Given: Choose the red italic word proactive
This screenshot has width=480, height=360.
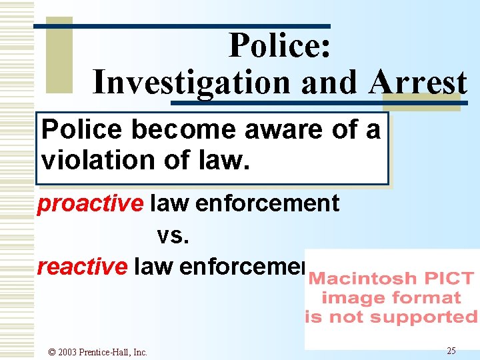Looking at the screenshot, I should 90,203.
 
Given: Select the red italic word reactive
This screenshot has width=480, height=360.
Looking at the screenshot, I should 82,266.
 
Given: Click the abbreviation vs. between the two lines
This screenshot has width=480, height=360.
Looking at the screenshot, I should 174,235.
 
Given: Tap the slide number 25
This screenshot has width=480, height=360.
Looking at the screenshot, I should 451,351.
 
